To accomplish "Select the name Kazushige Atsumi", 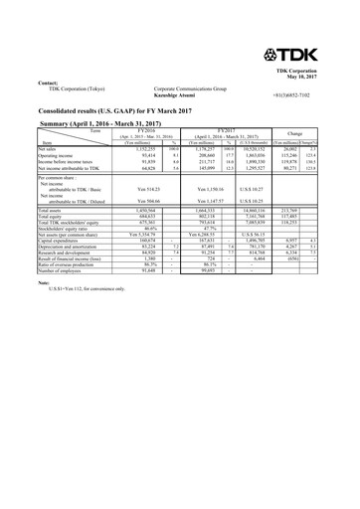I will point(176,93).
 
